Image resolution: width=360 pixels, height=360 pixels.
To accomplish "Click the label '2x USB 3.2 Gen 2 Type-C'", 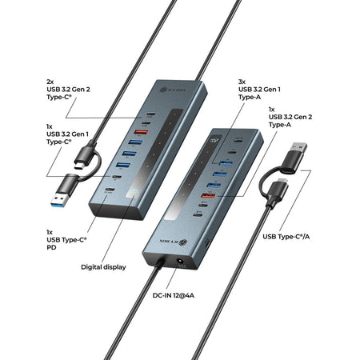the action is click(68, 90).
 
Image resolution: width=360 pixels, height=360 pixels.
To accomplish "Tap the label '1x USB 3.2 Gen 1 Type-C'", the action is click(67, 134).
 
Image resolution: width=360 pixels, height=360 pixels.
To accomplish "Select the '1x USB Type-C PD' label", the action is click(66, 240).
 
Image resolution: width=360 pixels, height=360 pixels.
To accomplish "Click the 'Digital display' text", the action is click(103, 267).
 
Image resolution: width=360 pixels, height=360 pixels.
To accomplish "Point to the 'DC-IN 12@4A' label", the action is click(174, 295).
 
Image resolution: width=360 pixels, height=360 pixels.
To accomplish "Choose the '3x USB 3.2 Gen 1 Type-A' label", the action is click(259, 90).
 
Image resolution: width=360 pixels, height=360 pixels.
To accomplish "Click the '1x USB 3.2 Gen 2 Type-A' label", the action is click(290, 117).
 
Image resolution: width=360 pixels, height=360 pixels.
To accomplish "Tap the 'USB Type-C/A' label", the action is click(286, 237).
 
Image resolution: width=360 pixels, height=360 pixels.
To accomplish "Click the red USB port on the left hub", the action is click(141, 132).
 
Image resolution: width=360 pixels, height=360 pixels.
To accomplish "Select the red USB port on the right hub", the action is click(208, 195).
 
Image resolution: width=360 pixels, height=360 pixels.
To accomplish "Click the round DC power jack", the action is click(182, 262).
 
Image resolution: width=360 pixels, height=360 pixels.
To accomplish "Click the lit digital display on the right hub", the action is click(215, 140).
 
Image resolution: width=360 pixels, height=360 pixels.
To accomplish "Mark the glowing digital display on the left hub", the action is click(133, 192).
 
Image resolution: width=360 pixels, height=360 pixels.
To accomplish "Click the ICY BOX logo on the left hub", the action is click(173, 90).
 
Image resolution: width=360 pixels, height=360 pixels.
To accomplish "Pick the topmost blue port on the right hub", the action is click(226, 162).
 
